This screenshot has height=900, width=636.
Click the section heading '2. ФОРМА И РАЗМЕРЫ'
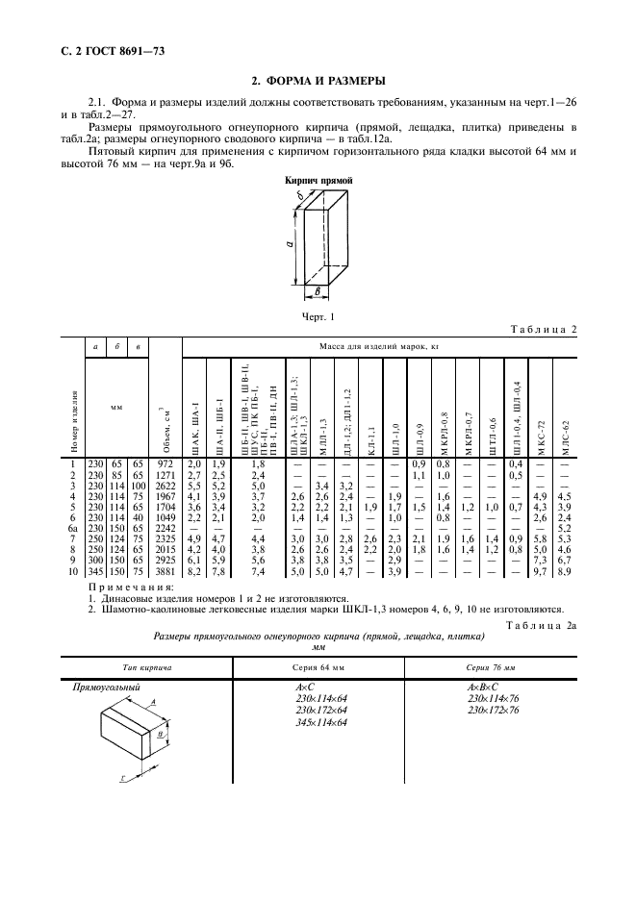(318, 81)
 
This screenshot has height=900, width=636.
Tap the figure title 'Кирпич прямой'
(319, 181)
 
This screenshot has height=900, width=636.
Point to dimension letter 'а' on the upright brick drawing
(289, 245)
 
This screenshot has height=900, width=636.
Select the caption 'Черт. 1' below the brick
(318, 314)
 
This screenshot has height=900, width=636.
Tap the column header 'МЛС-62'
(565, 431)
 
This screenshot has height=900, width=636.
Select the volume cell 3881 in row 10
(166, 545)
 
